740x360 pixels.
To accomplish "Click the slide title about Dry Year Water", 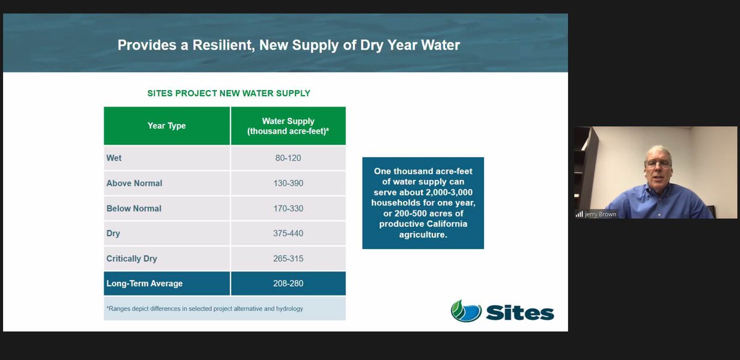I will [289, 45].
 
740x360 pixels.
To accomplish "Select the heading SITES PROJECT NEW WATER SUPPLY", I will [229, 94].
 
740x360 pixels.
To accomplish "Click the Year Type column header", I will [166, 126].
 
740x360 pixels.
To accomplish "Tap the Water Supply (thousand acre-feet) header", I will [288, 126].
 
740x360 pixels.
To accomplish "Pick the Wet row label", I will [114, 158].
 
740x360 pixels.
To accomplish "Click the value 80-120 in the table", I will [288, 158].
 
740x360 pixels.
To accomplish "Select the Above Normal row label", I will [134, 183].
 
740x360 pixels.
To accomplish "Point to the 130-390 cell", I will [288, 183].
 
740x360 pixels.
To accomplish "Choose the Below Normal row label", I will [134, 208].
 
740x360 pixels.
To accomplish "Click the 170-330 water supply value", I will [288, 208].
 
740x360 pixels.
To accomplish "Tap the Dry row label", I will [113, 234].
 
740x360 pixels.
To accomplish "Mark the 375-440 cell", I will [288, 234].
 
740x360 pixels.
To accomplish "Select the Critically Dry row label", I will [131, 259].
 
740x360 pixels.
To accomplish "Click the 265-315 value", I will [288, 259].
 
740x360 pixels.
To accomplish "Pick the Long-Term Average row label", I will [144, 284].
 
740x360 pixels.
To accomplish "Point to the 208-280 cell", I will [288, 284].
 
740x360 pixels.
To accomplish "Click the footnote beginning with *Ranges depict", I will [205, 308].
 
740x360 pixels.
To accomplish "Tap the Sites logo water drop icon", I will [466, 311].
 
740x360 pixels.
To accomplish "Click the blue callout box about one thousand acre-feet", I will [423, 203].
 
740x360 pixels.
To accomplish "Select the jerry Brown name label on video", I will [600, 215].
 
